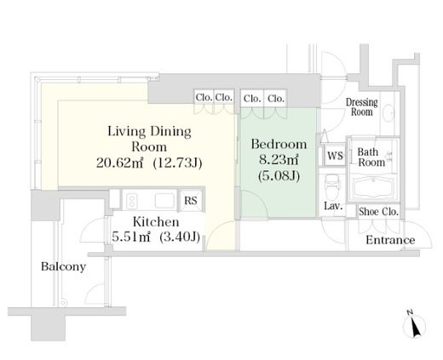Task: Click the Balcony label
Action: click(x=63, y=266)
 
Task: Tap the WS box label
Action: click(x=335, y=156)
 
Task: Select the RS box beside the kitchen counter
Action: click(x=191, y=200)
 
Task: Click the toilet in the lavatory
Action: click(x=332, y=186)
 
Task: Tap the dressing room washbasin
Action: click(x=388, y=113)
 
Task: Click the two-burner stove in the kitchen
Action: click(x=131, y=201)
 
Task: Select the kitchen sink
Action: click(x=164, y=201)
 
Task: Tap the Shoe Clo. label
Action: click(x=378, y=212)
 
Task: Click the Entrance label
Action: click(x=390, y=240)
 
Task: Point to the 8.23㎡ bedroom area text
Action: click(x=279, y=160)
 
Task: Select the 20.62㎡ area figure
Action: click(x=119, y=163)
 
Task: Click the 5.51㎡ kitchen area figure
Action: click(x=131, y=237)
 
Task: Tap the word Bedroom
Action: click(x=279, y=144)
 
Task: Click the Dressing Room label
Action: click(x=361, y=106)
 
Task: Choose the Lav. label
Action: click(x=333, y=206)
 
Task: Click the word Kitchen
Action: click(x=156, y=222)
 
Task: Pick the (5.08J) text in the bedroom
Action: click(x=279, y=176)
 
